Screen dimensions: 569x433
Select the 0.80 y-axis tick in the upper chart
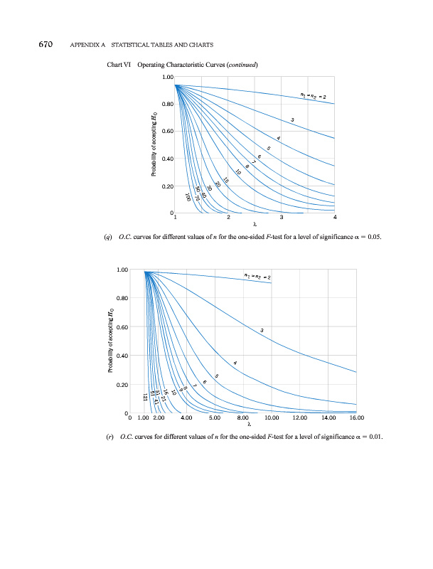tap(168, 105)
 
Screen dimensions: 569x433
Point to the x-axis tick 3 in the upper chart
tap(282, 217)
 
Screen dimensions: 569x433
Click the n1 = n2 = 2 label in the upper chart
tap(313, 96)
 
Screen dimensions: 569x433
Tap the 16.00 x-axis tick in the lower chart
tap(356, 418)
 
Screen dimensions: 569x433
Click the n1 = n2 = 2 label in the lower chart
tap(258, 276)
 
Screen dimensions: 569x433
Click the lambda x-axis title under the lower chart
tap(250, 425)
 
